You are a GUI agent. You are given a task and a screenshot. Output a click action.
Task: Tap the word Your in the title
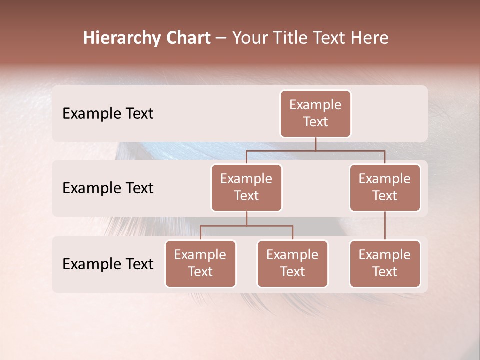[248, 38]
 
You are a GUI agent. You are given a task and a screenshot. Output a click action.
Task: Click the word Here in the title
[369, 38]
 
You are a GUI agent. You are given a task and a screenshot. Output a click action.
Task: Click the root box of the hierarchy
[315, 114]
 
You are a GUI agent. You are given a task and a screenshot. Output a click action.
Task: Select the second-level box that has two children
[246, 188]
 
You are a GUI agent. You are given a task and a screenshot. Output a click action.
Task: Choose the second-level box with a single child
[385, 188]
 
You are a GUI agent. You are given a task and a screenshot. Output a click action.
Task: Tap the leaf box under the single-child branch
[385, 264]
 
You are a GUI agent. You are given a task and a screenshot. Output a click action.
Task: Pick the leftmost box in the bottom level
[200, 264]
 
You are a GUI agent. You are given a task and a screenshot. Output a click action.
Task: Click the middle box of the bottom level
[292, 264]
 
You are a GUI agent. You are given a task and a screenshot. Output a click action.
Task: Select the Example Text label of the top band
[108, 114]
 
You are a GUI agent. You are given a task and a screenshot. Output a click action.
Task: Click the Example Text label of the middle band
[108, 188]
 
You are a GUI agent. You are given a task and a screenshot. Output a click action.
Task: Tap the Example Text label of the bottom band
[108, 264]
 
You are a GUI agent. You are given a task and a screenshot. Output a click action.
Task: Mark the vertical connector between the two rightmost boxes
[385, 226]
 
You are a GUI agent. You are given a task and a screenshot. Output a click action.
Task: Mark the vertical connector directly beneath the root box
[315, 144]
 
